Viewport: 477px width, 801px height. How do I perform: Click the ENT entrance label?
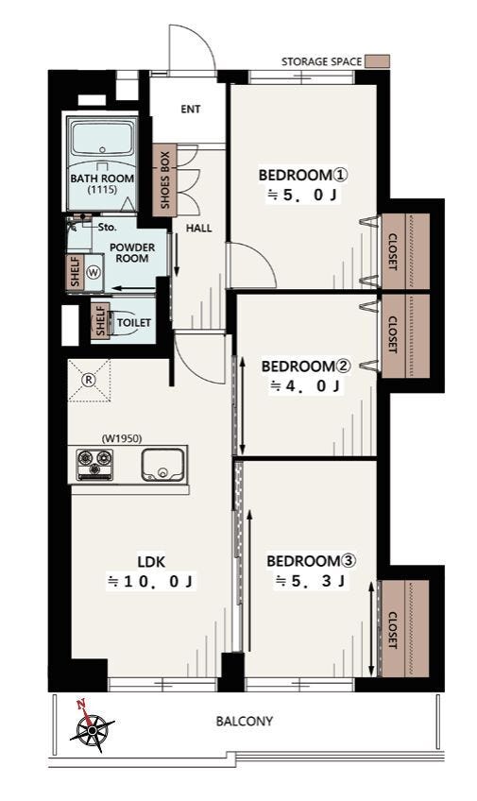[x=191, y=109]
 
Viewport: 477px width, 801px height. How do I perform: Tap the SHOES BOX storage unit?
[x=164, y=179]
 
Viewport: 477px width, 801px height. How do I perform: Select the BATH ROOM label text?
[x=102, y=179]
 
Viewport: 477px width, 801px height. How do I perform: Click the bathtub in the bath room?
[x=102, y=137]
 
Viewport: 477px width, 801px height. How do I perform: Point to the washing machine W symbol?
[x=93, y=273]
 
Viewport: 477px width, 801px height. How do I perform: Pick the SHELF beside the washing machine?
[x=76, y=272]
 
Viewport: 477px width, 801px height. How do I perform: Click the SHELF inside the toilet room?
[x=100, y=320]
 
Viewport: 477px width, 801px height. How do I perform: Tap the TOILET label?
[x=134, y=323]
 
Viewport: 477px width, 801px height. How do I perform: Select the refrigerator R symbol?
[x=89, y=380]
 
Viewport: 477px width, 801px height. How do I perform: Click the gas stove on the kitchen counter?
[x=94, y=464]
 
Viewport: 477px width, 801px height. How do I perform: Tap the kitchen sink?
[x=162, y=465]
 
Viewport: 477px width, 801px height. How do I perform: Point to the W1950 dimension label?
[x=122, y=438]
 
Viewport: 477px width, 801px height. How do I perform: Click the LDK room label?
[x=152, y=562]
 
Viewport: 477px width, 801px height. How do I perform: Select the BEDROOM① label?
[x=303, y=176]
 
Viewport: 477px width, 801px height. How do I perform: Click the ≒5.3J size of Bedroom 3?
[x=310, y=581]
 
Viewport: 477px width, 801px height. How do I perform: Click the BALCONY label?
[x=244, y=722]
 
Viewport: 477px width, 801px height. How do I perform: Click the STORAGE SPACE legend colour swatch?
[x=380, y=61]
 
